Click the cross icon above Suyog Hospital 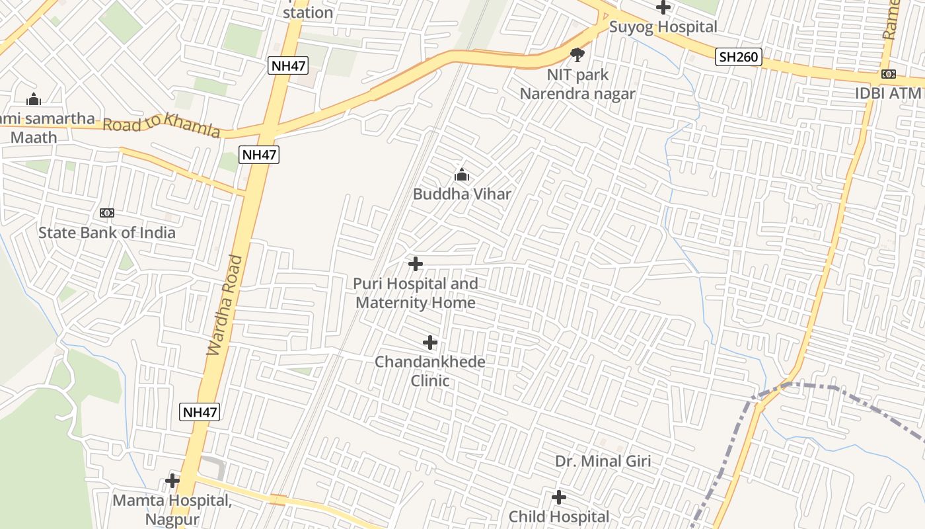663,7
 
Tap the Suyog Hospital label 663,27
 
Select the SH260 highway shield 739,57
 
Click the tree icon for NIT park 577,54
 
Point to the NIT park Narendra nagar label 577,85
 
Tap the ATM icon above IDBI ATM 889,74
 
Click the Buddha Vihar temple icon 461,175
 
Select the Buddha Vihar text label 462,194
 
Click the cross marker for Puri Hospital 416,264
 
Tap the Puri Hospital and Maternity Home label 416,293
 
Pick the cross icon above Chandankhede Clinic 430,343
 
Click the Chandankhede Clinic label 430,371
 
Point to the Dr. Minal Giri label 603,462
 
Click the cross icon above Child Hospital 559,497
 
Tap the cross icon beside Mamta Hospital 172,480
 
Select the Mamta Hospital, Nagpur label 172,509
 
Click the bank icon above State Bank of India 107,213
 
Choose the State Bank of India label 107,233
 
